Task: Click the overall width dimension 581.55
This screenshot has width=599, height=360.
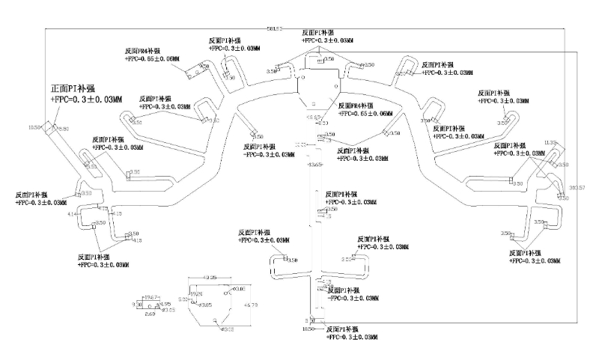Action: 274,29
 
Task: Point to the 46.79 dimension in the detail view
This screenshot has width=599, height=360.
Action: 251,305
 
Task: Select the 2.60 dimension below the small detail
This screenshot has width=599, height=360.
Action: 149,315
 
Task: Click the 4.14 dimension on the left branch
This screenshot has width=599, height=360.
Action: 72,215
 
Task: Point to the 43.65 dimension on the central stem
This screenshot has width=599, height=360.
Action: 315,165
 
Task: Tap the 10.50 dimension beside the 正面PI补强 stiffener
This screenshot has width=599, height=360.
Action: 34,128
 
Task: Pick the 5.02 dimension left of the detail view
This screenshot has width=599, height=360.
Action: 183,299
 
